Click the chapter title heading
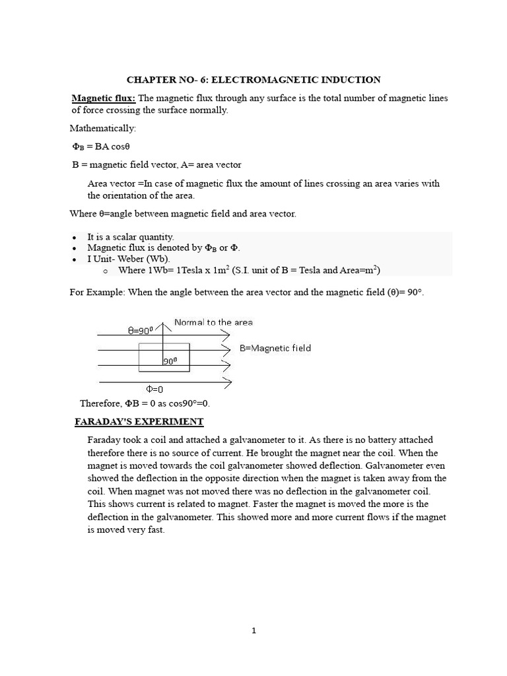(253, 80)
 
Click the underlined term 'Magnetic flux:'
(104, 98)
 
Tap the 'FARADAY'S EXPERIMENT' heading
(139, 422)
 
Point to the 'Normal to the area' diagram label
(213, 323)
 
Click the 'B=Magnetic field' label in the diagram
(275, 348)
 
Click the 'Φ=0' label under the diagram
(154, 389)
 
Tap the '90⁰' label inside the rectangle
(171, 361)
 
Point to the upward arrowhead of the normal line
(162, 323)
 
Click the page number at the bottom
(253, 630)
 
